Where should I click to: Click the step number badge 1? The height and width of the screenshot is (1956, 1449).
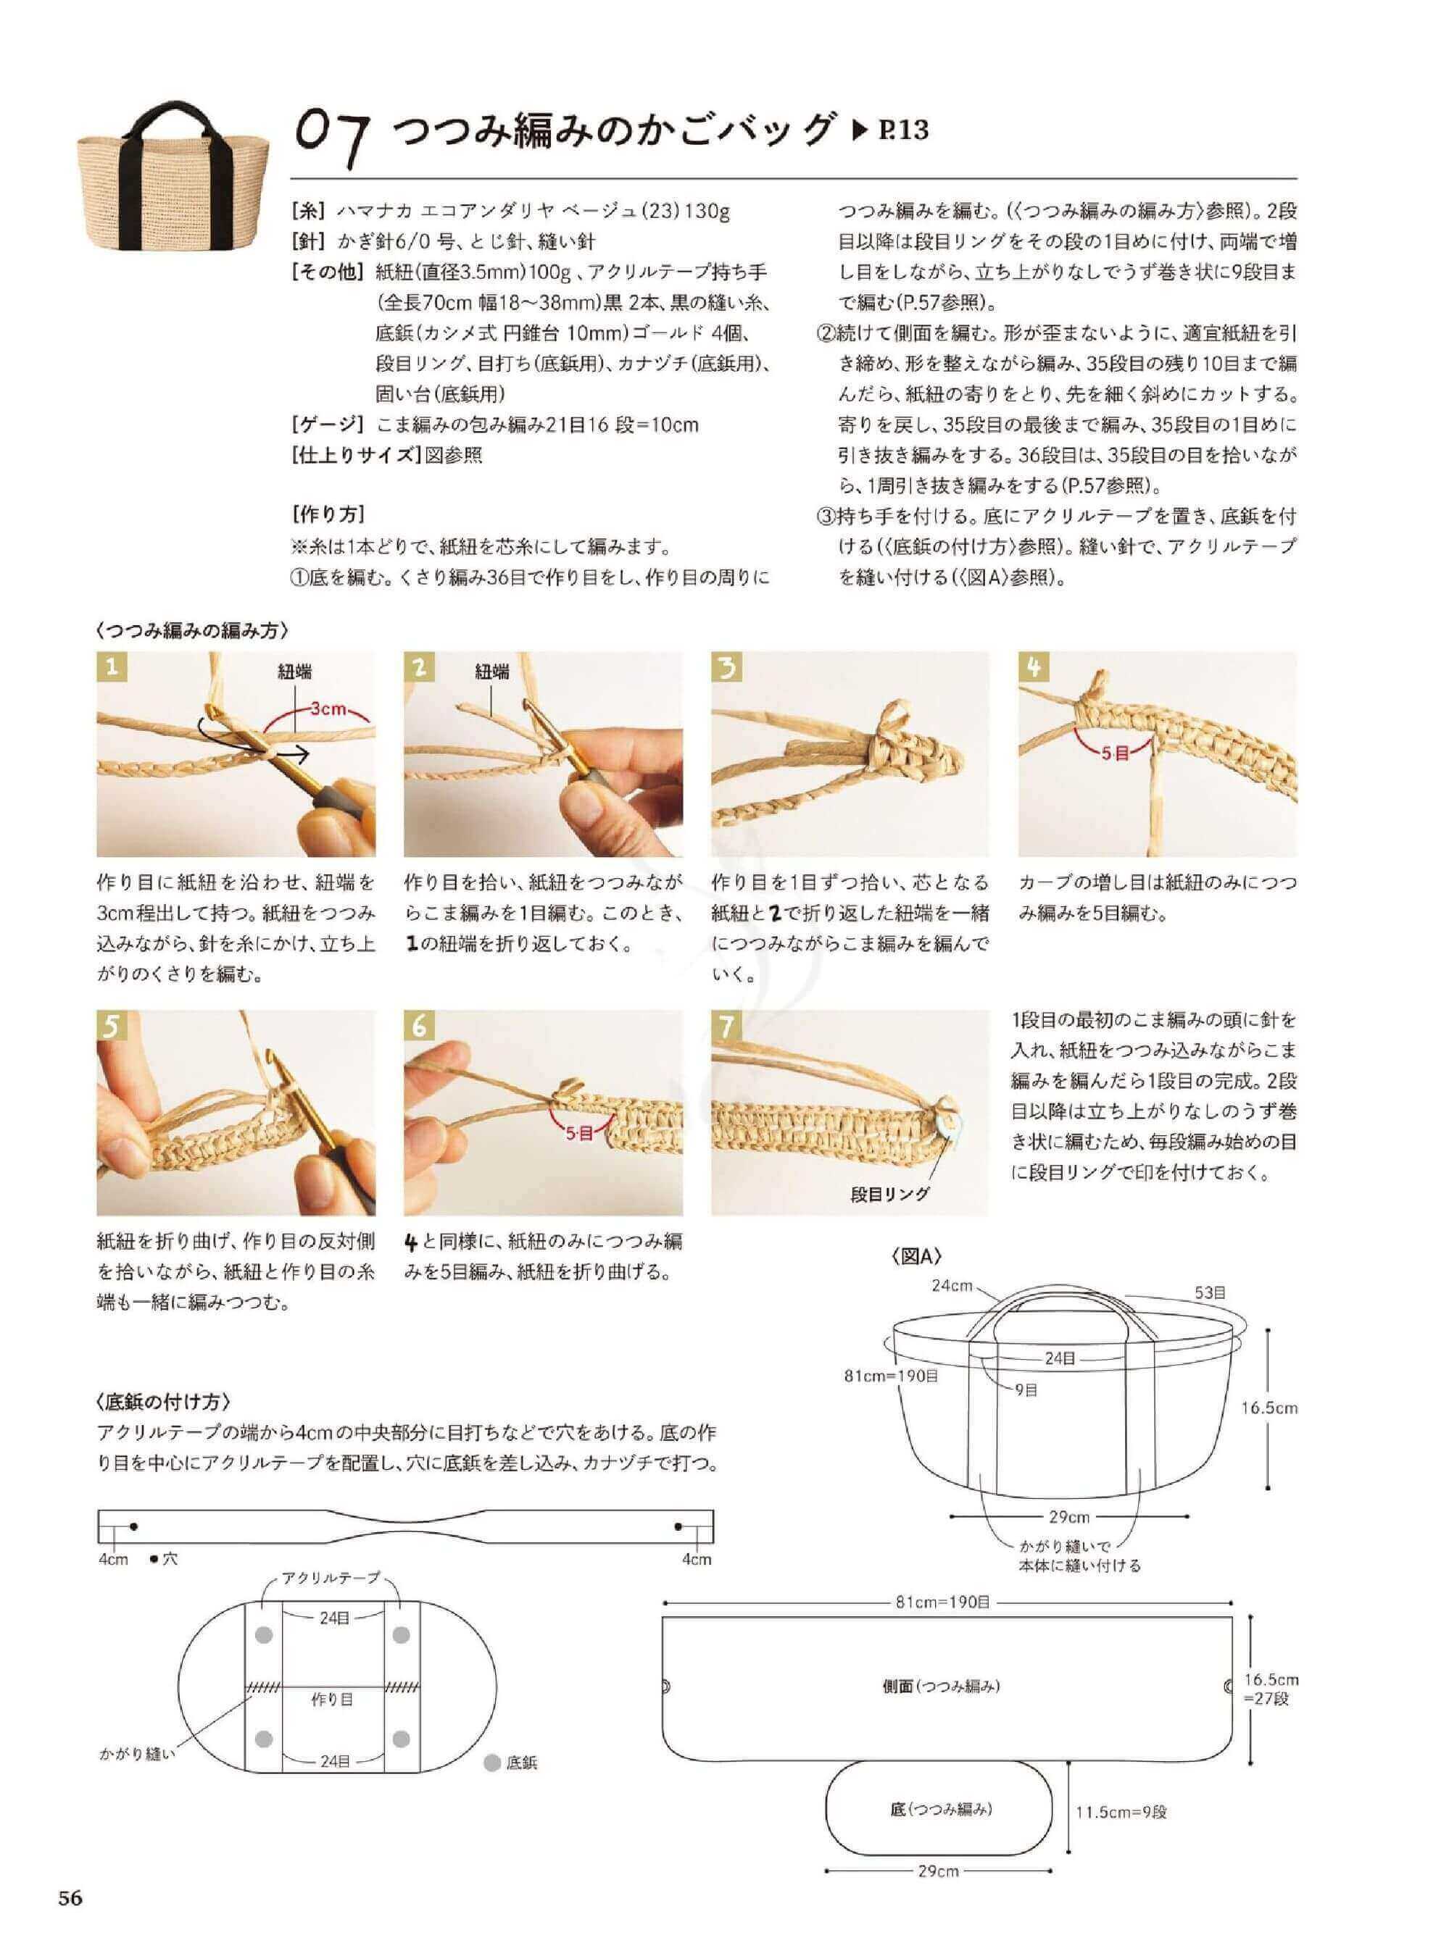(x=112, y=668)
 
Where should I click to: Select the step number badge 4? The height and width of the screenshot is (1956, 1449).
(x=1033, y=668)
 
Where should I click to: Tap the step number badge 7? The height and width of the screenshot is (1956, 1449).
(x=726, y=1027)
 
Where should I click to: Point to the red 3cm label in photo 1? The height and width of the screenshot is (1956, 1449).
(x=330, y=709)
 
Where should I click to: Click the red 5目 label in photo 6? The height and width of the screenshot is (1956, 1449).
(x=580, y=1134)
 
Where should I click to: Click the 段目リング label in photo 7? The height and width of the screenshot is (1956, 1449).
(x=890, y=1193)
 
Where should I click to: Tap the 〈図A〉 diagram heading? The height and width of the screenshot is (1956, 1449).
(x=917, y=1257)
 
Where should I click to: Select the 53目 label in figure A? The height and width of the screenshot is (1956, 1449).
(x=1210, y=1292)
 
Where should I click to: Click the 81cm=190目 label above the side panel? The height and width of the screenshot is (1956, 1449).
(x=943, y=1602)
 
